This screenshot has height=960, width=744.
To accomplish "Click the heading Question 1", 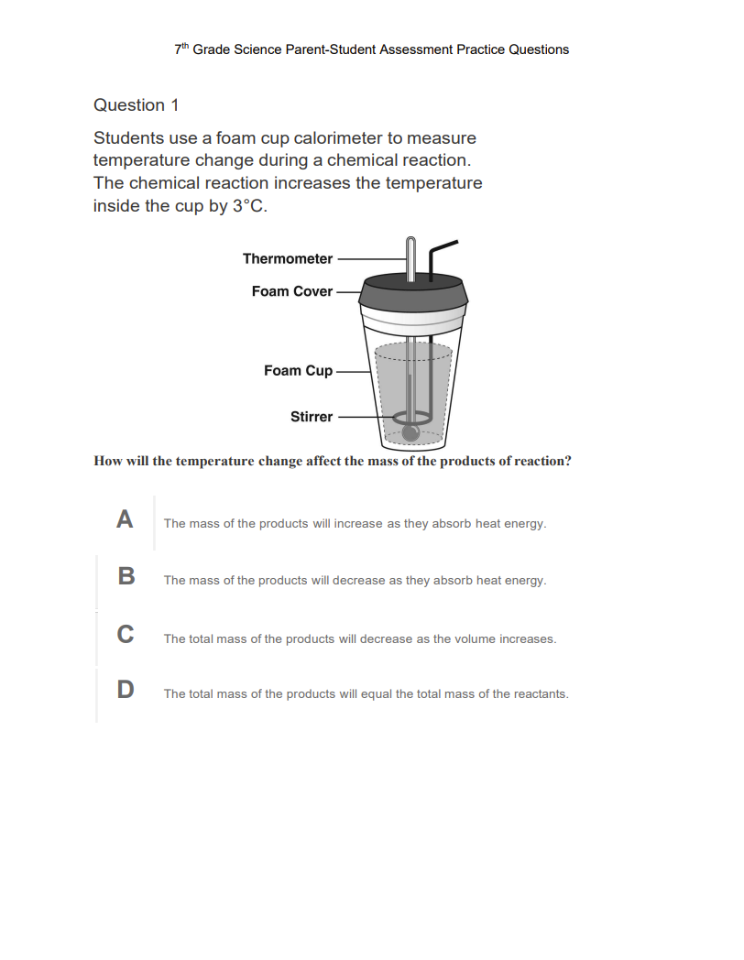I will pos(136,105).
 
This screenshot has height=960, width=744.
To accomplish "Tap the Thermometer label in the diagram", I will pos(288,259).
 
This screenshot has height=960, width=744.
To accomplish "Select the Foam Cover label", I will pos(292,291).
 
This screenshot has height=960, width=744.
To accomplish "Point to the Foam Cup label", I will pos(298,371).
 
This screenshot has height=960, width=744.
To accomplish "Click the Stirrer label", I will pos(312,417).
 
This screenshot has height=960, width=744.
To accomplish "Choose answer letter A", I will pos(126,520).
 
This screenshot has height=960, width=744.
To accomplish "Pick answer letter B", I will pos(126,577).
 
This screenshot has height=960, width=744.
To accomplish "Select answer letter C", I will pos(126,634).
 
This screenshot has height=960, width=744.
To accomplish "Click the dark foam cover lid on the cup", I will pos(414,291).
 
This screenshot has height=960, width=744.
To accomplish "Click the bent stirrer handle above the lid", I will pos(442,249).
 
